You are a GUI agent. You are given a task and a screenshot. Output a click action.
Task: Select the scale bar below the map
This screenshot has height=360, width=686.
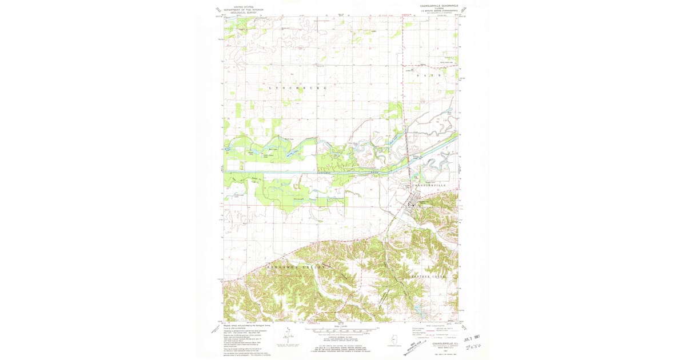pos(341,330)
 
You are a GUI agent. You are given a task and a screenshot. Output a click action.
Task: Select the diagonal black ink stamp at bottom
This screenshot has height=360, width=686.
pos(420,345)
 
